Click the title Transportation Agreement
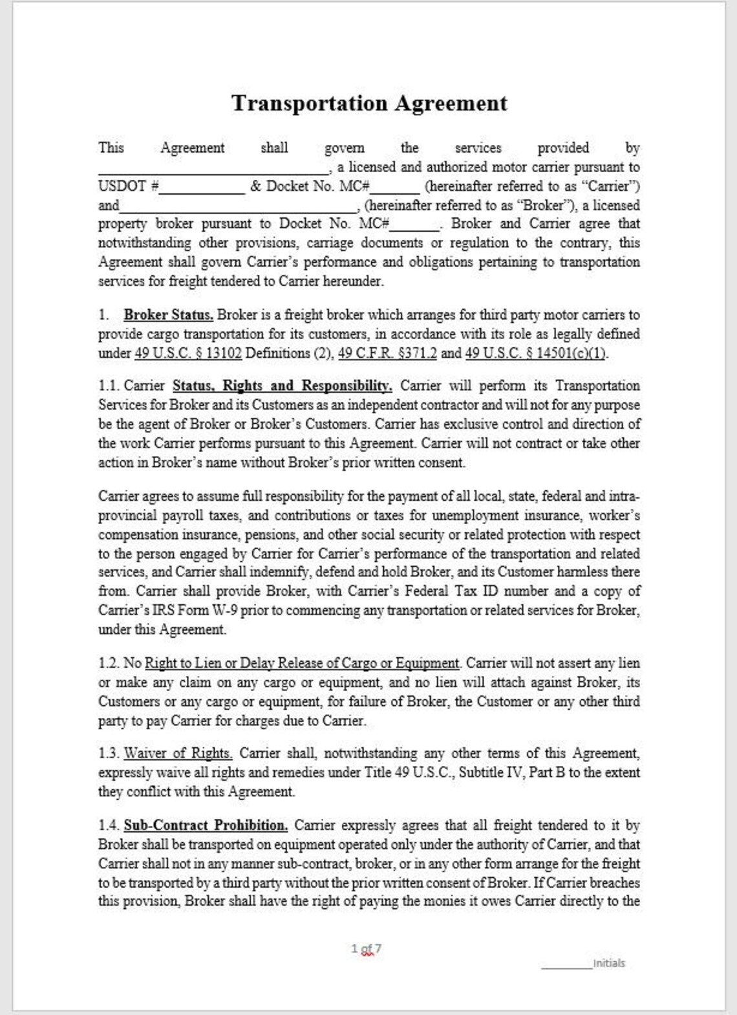click(369, 104)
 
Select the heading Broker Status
click(168, 315)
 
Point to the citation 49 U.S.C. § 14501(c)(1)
click(536, 353)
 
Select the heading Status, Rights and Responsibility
click(282, 386)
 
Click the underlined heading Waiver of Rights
click(178, 754)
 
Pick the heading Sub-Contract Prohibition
click(206, 825)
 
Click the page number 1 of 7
click(367, 948)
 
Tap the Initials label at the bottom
click(609, 963)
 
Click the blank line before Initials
click(566, 966)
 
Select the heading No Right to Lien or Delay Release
click(301, 663)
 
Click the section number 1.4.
click(108, 825)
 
